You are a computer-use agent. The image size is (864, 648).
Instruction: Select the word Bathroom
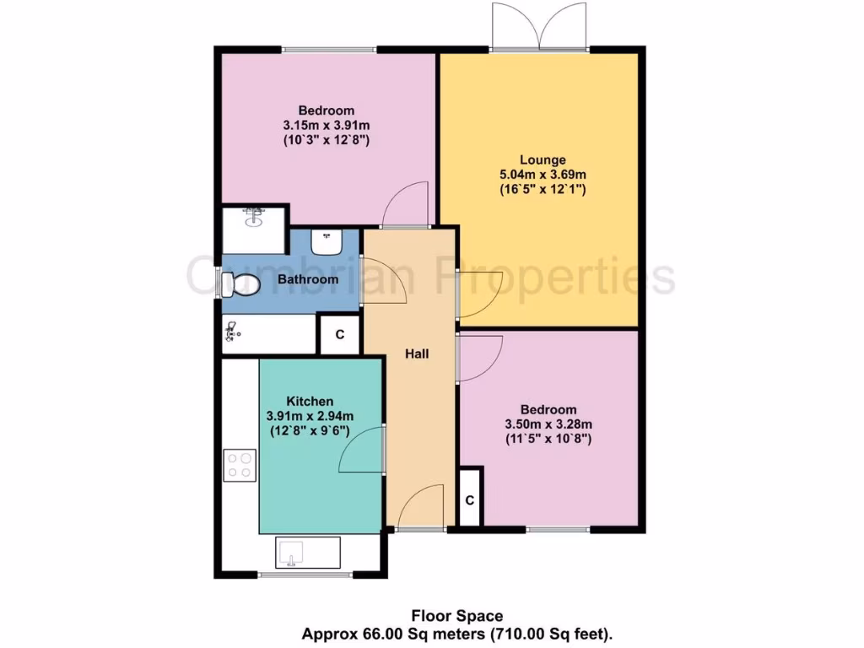pyautogui.click(x=308, y=279)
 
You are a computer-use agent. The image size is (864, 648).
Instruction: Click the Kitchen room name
pyautogui.click(x=310, y=401)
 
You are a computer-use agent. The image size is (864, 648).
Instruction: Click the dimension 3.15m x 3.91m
pyautogui.click(x=326, y=126)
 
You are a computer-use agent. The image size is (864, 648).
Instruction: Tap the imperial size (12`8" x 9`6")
pyautogui.click(x=310, y=430)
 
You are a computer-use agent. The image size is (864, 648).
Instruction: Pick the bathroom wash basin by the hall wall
pyautogui.click(x=325, y=242)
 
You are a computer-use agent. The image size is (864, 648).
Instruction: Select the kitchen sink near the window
pyautogui.click(x=307, y=552)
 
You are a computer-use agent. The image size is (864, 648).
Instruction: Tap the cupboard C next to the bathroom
pyautogui.click(x=340, y=334)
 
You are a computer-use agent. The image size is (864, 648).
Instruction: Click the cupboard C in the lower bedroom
pyautogui.click(x=470, y=499)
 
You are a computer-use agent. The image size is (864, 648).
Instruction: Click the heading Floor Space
pyautogui.click(x=456, y=616)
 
